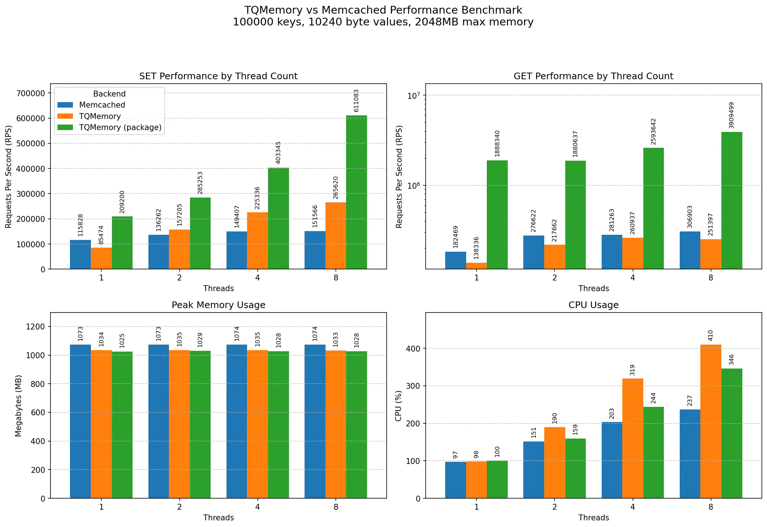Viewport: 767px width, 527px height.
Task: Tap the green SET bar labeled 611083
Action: (356, 192)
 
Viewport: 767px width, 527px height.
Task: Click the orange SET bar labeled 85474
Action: (101, 258)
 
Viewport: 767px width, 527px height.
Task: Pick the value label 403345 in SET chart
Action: (278, 153)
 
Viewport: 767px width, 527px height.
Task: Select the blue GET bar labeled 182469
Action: (455, 260)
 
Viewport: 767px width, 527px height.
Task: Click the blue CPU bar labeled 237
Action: (690, 454)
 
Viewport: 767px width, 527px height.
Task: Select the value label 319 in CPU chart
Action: (633, 370)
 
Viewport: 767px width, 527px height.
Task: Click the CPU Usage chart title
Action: (593, 305)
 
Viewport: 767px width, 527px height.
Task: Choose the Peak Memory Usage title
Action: (218, 305)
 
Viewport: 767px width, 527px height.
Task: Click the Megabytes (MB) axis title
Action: (19, 405)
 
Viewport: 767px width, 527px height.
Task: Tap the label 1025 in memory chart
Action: (122, 341)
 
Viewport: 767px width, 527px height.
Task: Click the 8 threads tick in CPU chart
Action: (711, 507)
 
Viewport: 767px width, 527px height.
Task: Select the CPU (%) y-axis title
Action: (398, 405)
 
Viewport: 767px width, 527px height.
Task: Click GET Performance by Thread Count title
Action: (593, 76)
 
